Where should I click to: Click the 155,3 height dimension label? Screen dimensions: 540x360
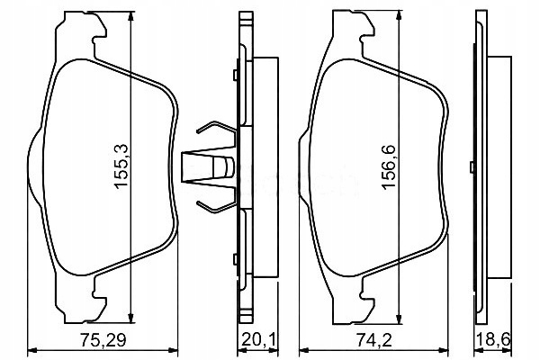[121, 166]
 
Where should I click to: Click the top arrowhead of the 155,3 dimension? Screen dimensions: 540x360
[130, 18]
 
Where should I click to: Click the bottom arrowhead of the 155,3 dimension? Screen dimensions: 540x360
[130, 317]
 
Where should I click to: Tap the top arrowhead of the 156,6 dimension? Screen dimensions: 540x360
[399, 16]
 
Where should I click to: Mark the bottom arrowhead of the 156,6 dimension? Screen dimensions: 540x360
[399, 318]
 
